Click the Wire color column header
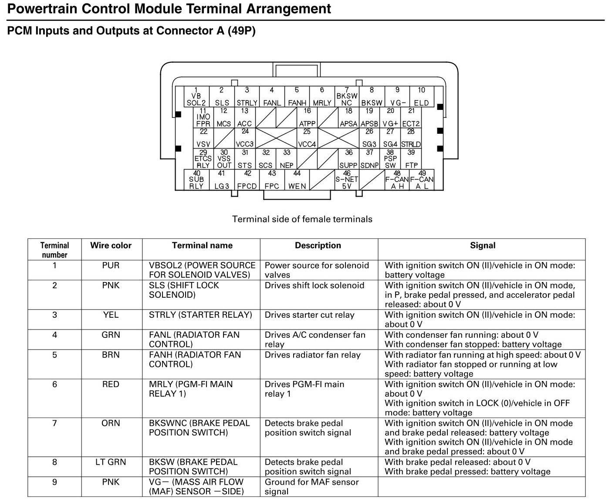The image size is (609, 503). (x=111, y=245)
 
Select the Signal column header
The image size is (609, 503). (x=482, y=245)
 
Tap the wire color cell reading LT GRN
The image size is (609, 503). (x=111, y=462)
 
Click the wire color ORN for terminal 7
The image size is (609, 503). (x=111, y=423)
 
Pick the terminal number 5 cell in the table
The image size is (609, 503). (x=54, y=355)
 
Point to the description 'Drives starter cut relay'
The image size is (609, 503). (x=309, y=315)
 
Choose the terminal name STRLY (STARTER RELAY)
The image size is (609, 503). (x=200, y=315)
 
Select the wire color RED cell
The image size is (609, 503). (x=111, y=384)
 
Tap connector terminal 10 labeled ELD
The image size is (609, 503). (x=421, y=97)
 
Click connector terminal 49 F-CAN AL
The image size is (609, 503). (x=422, y=180)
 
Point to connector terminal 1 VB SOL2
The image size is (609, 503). (x=196, y=97)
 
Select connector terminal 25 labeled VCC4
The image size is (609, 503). (x=307, y=138)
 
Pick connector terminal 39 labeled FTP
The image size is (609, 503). (x=411, y=159)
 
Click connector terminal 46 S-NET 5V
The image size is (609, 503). (x=347, y=180)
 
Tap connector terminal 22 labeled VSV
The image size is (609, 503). (x=203, y=138)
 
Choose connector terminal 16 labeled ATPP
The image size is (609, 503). (x=307, y=117)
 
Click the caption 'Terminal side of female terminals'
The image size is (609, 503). (x=302, y=219)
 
